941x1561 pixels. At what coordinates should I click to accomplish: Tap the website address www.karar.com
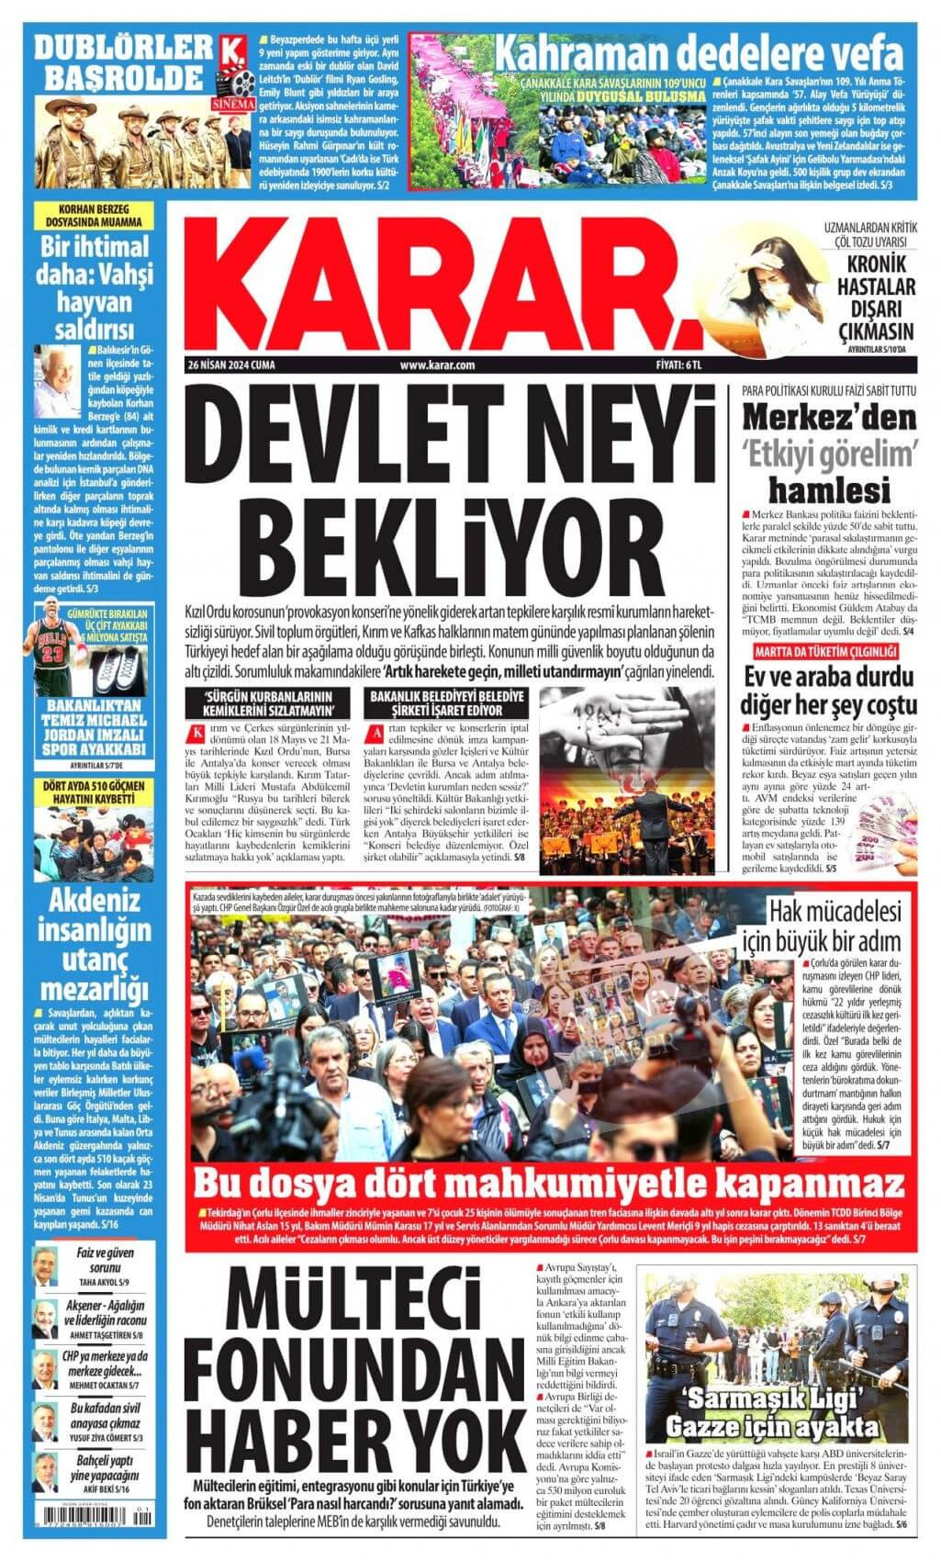tap(438, 365)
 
